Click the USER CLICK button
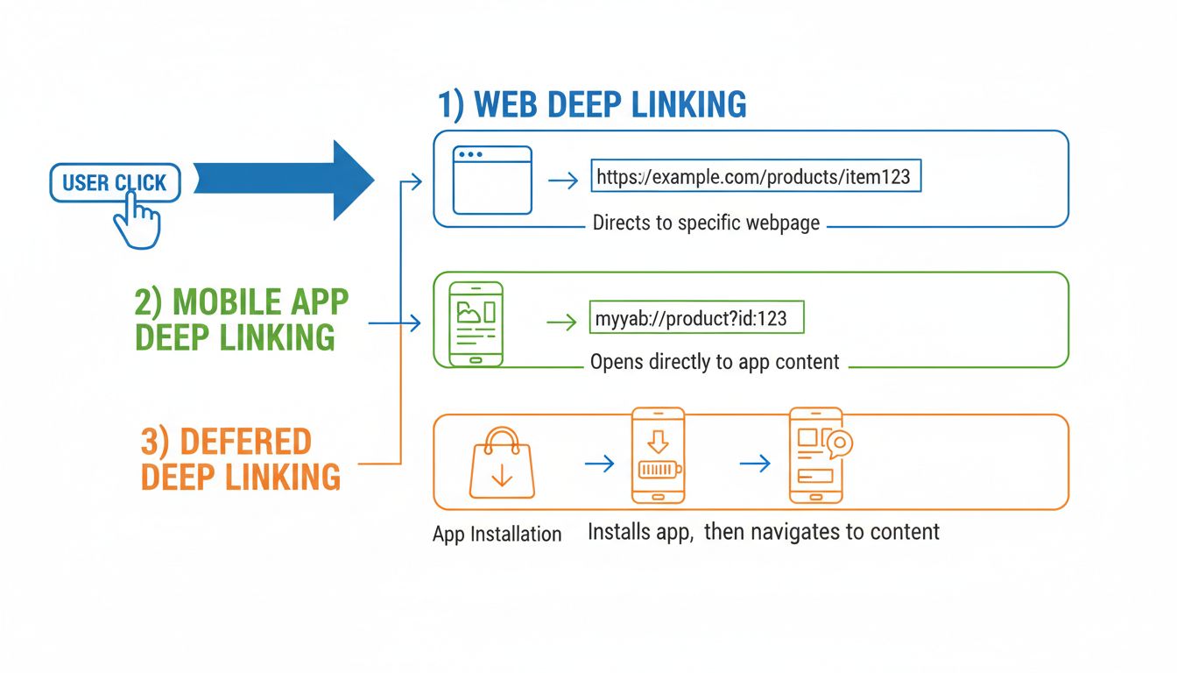click(115, 182)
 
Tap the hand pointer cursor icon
click(137, 222)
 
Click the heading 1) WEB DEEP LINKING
click(592, 104)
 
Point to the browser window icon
click(492, 180)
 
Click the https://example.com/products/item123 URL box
click(756, 177)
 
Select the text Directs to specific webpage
click(706, 223)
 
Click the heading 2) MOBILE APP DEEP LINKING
click(241, 319)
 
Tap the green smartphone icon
click(476, 323)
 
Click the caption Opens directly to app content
click(715, 362)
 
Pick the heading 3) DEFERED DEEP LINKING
click(239, 459)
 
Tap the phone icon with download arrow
click(658, 455)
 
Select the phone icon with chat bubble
click(818, 455)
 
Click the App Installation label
click(497, 534)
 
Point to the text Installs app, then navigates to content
click(763, 531)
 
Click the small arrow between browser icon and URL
click(562, 181)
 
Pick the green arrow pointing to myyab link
click(562, 323)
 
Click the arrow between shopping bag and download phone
click(599, 464)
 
